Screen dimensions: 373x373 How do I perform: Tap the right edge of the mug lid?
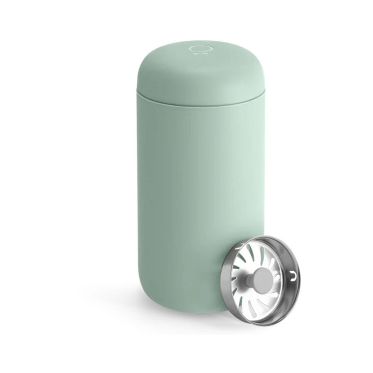click(x=264, y=79)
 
